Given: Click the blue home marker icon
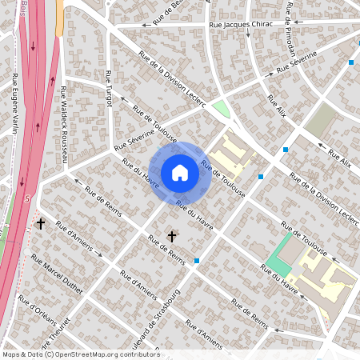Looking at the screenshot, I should click(180, 172).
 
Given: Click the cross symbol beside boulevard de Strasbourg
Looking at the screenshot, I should click(171, 236).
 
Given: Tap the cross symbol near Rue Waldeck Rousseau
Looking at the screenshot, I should click(40, 225).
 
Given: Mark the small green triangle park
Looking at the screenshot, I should click(219, 110).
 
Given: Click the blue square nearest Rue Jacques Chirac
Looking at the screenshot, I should click(351, 62).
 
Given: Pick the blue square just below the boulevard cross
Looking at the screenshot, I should click(197, 261).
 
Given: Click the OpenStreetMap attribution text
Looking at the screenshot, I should click(80, 354).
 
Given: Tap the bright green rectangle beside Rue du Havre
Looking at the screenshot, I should click(278, 264).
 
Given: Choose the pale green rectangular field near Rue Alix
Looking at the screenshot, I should click(322, 121).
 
